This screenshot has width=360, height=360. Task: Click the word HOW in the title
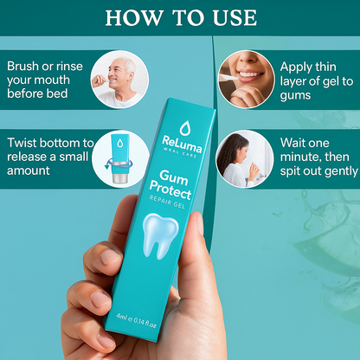click(134, 18)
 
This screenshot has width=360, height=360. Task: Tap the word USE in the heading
click(235, 18)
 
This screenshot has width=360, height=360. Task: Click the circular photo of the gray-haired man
click(119, 80)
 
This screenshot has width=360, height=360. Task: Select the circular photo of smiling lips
click(246, 80)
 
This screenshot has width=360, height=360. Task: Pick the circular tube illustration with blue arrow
click(120, 158)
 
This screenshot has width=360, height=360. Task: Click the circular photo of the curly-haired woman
click(245, 158)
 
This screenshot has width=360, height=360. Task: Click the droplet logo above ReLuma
click(184, 128)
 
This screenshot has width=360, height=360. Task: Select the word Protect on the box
click(170, 190)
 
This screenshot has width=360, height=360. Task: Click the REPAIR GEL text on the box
click(167, 202)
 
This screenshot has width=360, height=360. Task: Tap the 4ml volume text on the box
click(121, 317)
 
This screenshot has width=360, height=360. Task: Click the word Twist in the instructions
click(22, 143)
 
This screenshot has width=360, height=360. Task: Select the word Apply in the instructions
click(296, 67)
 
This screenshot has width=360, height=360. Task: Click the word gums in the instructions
click(295, 96)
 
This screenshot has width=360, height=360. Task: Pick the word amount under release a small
click(29, 170)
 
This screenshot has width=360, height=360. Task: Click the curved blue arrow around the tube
click(119, 165)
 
